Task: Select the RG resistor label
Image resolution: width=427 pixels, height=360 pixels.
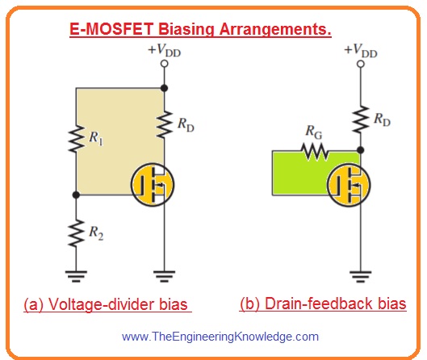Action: point(308,132)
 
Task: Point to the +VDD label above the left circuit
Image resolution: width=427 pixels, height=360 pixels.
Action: point(164,49)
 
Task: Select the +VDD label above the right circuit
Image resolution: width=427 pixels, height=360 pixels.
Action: point(360,49)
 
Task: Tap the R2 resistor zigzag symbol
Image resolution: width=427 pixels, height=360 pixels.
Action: point(75,235)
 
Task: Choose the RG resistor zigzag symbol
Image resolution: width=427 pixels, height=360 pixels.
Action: point(312,150)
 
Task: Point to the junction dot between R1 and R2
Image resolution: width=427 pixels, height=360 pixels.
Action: point(75,194)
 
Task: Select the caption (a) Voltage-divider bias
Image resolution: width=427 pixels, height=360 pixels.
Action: point(106,305)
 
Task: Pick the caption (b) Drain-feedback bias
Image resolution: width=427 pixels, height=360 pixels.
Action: point(323,305)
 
